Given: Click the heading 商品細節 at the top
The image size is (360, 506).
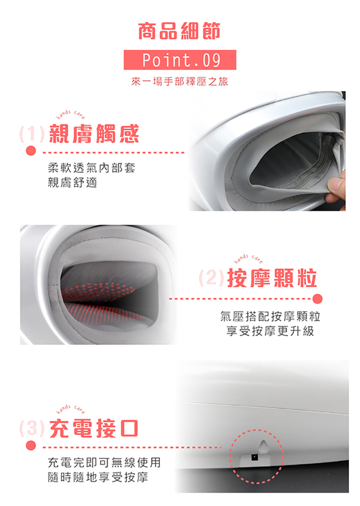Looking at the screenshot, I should point(180,31).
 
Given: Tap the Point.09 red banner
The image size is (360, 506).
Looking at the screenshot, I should point(180,60).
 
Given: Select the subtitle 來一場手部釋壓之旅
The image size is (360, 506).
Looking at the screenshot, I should point(180,82).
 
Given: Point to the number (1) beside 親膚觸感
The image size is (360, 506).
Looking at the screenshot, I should point(32,134).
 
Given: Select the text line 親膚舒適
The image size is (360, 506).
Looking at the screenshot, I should point(72,183).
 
